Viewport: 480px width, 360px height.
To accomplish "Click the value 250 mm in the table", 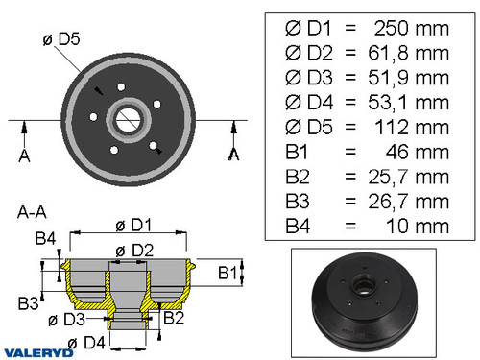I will (408, 27).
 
